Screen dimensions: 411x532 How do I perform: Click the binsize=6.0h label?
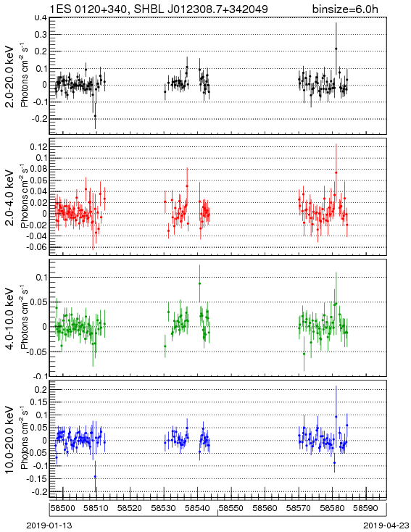pyautogui.click(x=345, y=9)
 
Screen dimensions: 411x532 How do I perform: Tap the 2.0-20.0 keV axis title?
pyautogui.click(x=10, y=76)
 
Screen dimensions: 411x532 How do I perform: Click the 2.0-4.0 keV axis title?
pyautogui.click(x=10, y=197)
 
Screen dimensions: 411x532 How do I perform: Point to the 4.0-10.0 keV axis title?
pyautogui.click(x=10, y=319)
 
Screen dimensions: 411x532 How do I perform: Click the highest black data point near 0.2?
pyautogui.click(x=336, y=49)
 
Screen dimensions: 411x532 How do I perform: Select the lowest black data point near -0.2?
pyautogui.click(x=95, y=116)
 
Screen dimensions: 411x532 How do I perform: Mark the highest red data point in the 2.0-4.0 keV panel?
pyautogui.click(x=336, y=173)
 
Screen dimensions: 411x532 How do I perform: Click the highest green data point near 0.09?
pyautogui.click(x=199, y=283)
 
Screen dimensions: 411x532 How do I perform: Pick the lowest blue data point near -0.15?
pyautogui.click(x=95, y=476)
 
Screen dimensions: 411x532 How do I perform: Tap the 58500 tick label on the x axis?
pyautogui.click(x=63, y=508)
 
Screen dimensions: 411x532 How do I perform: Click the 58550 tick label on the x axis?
pyautogui.click(x=231, y=508)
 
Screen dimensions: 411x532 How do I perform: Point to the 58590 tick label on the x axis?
pyautogui.click(x=366, y=508)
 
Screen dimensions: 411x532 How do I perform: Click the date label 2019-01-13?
pyautogui.click(x=49, y=525)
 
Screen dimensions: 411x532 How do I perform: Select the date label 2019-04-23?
pyautogui.click(x=386, y=525)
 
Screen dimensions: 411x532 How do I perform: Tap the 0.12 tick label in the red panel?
pyautogui.click(x=39, y=146)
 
